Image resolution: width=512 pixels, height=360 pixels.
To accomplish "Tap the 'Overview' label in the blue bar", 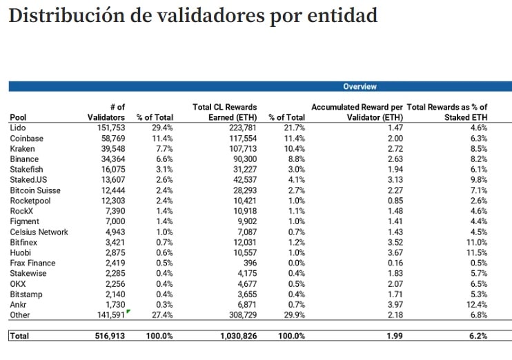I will pyautogui.click(x=360, y=87).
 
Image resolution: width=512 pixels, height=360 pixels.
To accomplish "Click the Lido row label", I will pyautogui.click(x=18, y=128).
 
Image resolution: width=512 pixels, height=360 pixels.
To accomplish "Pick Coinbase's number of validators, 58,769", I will pyautogui.click(x=111, y=139).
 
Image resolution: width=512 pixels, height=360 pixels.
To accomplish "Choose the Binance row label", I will pyautogui.click(x=25, y=159).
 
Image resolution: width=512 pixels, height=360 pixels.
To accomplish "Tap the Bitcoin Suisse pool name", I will pyautogui.click(x=35, y=190).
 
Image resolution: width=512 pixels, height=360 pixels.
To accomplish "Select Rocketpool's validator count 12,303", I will pyautogui.click(x=111, y=201).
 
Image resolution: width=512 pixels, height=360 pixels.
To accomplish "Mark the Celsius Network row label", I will pyautogui.click(x=39, y=232).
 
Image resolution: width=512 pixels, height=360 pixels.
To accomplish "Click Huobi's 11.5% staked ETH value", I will pyautogui.click(x=477, y=252).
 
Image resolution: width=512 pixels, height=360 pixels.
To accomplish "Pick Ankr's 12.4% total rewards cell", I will pyautogui.click(x=477, y=304).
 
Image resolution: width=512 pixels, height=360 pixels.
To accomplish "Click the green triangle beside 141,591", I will pyautogui.click(x=128, y=312).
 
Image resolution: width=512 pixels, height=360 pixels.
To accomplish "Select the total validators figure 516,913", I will pyautogui.click(x=109, y=336).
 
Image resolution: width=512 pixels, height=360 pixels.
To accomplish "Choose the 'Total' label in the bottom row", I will pyautogui.click(x=20, y=336).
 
